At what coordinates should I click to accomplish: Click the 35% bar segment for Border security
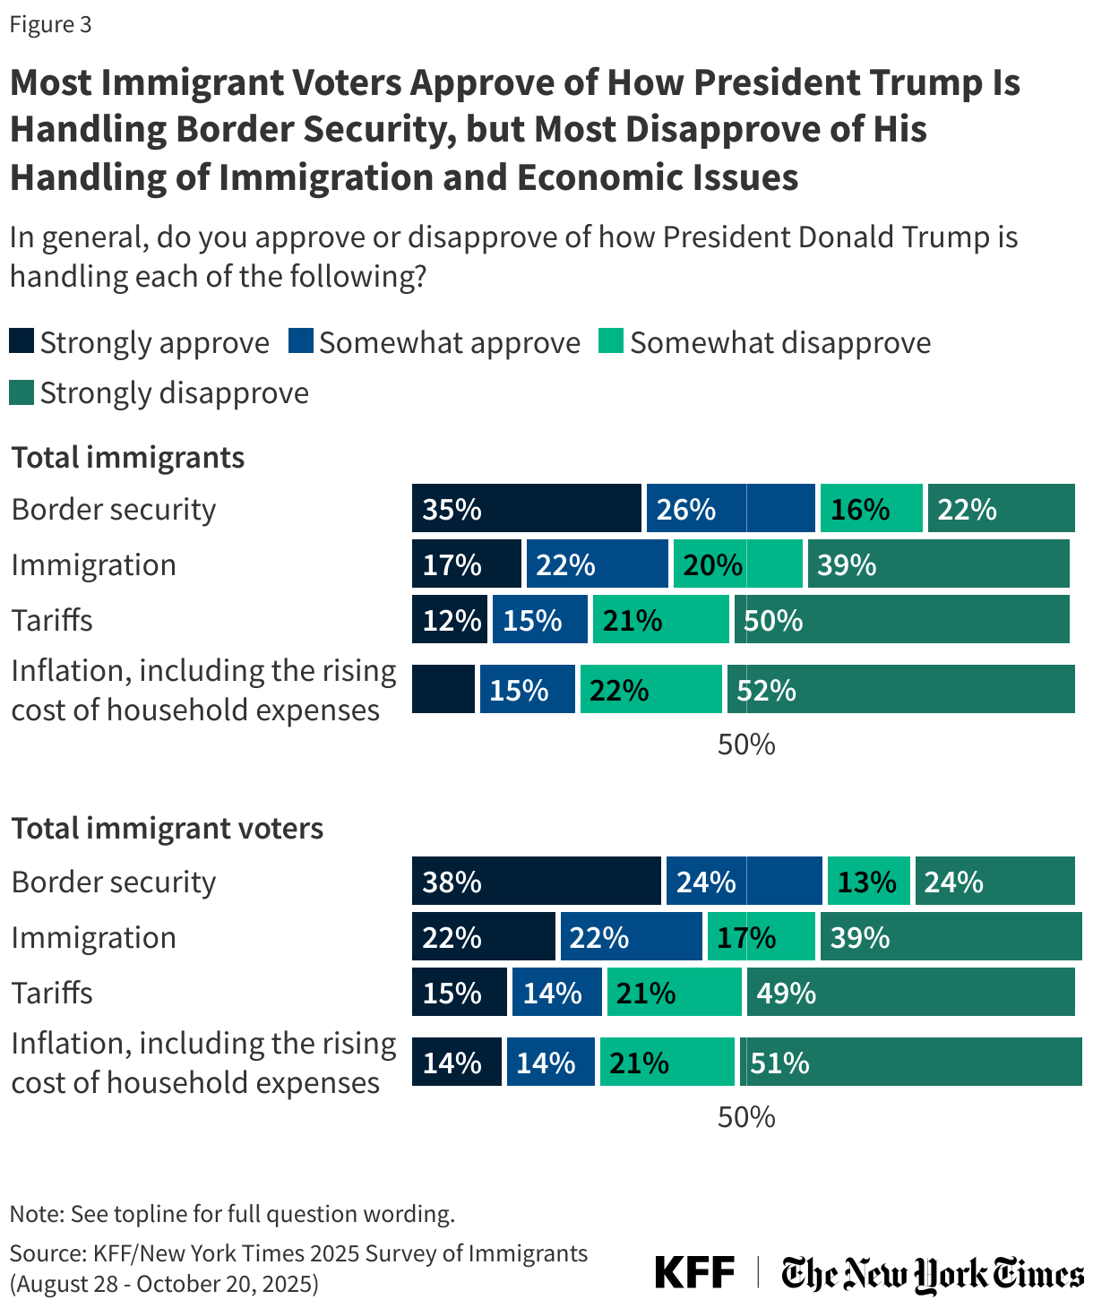[527, 509]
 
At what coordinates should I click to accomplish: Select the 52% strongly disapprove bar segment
[901, 689]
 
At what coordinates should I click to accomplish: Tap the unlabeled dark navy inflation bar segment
[443, 689]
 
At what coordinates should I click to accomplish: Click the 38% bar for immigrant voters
[537, 882]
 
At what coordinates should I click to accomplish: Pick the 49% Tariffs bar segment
[910, 992]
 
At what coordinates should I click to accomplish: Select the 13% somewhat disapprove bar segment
[868, 882]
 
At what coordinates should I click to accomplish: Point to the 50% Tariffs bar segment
[901, 620]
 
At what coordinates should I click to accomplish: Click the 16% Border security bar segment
[871, 509]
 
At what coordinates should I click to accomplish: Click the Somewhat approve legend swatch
[300, 341]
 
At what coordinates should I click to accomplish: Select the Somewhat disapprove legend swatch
[611, 341]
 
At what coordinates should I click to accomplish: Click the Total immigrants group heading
[128, 457]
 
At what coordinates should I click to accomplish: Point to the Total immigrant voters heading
[168, 828]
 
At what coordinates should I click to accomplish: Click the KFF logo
[694, 1272]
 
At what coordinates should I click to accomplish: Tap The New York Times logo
[932, 1273]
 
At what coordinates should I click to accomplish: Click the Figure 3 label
[51, 24]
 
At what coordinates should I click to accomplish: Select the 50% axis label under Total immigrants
[745, 744]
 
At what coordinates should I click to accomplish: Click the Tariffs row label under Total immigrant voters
[52, 993]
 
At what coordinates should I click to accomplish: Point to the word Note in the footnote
[35, 1214]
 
